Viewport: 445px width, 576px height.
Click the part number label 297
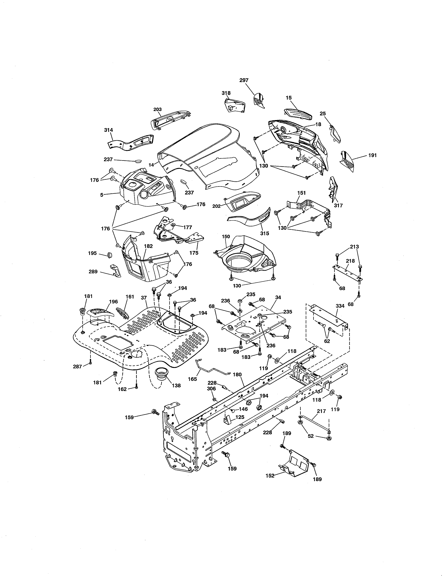click(244, 80)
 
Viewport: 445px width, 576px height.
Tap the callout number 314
click(108, 130)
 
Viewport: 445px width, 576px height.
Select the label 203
click(157, 109)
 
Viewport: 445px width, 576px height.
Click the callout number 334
click(340, 306)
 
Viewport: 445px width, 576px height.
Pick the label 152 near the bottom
click(270, 476)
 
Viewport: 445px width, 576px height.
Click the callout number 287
click(77, 367)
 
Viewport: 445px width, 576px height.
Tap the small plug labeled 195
click(110, 255)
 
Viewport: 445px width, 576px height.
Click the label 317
click(338, 205)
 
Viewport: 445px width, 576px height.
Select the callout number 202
click(216, 206)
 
